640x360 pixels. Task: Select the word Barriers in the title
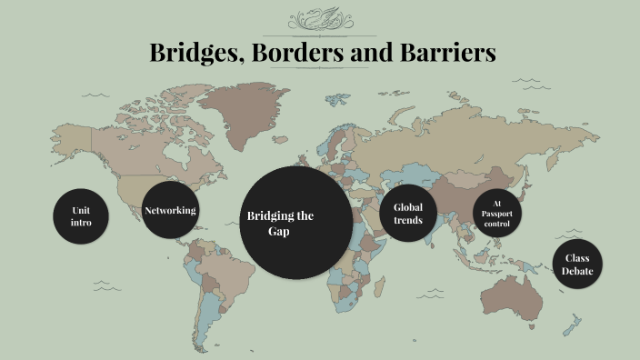(446, 53)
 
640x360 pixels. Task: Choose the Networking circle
(170, 211)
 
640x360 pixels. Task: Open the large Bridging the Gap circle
(295, 223)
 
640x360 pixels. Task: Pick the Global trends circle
(408, 215)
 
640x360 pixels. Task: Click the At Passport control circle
(496, 214)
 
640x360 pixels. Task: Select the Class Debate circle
(577, 265)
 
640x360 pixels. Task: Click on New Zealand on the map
(573, 324)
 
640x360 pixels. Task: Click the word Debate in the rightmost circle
(577, 272)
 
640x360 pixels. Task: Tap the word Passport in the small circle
(496, 214)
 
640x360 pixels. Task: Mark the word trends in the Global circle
(408, 221)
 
